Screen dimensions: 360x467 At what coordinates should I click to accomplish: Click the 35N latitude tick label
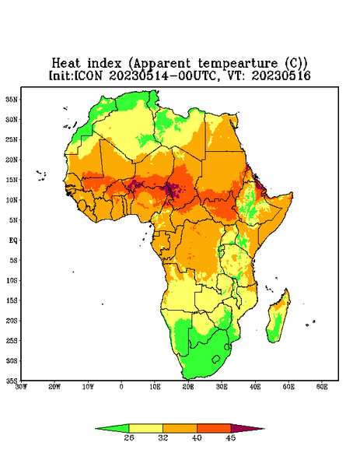(12, 100)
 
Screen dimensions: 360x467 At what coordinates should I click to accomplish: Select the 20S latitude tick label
(12, 321)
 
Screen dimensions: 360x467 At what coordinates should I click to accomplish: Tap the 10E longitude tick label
(155, 387)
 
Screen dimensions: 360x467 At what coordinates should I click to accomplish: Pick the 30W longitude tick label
(21, 387)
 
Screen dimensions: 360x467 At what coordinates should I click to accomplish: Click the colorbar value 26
(129, 437)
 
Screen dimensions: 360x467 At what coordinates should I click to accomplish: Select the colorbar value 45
(231, 437)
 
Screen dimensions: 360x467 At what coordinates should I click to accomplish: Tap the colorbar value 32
(163, 437)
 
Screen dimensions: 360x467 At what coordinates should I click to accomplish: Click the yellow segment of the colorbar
(145, 428)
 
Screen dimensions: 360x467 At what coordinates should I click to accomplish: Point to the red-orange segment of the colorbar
(214, 428)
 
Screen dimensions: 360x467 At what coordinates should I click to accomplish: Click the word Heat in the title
(66, 64)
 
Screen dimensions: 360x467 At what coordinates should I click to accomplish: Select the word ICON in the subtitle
(88, 75)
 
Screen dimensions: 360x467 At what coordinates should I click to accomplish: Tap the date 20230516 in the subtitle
(281, 75)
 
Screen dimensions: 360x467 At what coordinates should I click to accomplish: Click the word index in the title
(104, 64)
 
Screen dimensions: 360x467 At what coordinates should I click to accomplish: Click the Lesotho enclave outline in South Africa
(216, 359)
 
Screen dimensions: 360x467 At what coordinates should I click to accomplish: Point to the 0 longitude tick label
(121, 387)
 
